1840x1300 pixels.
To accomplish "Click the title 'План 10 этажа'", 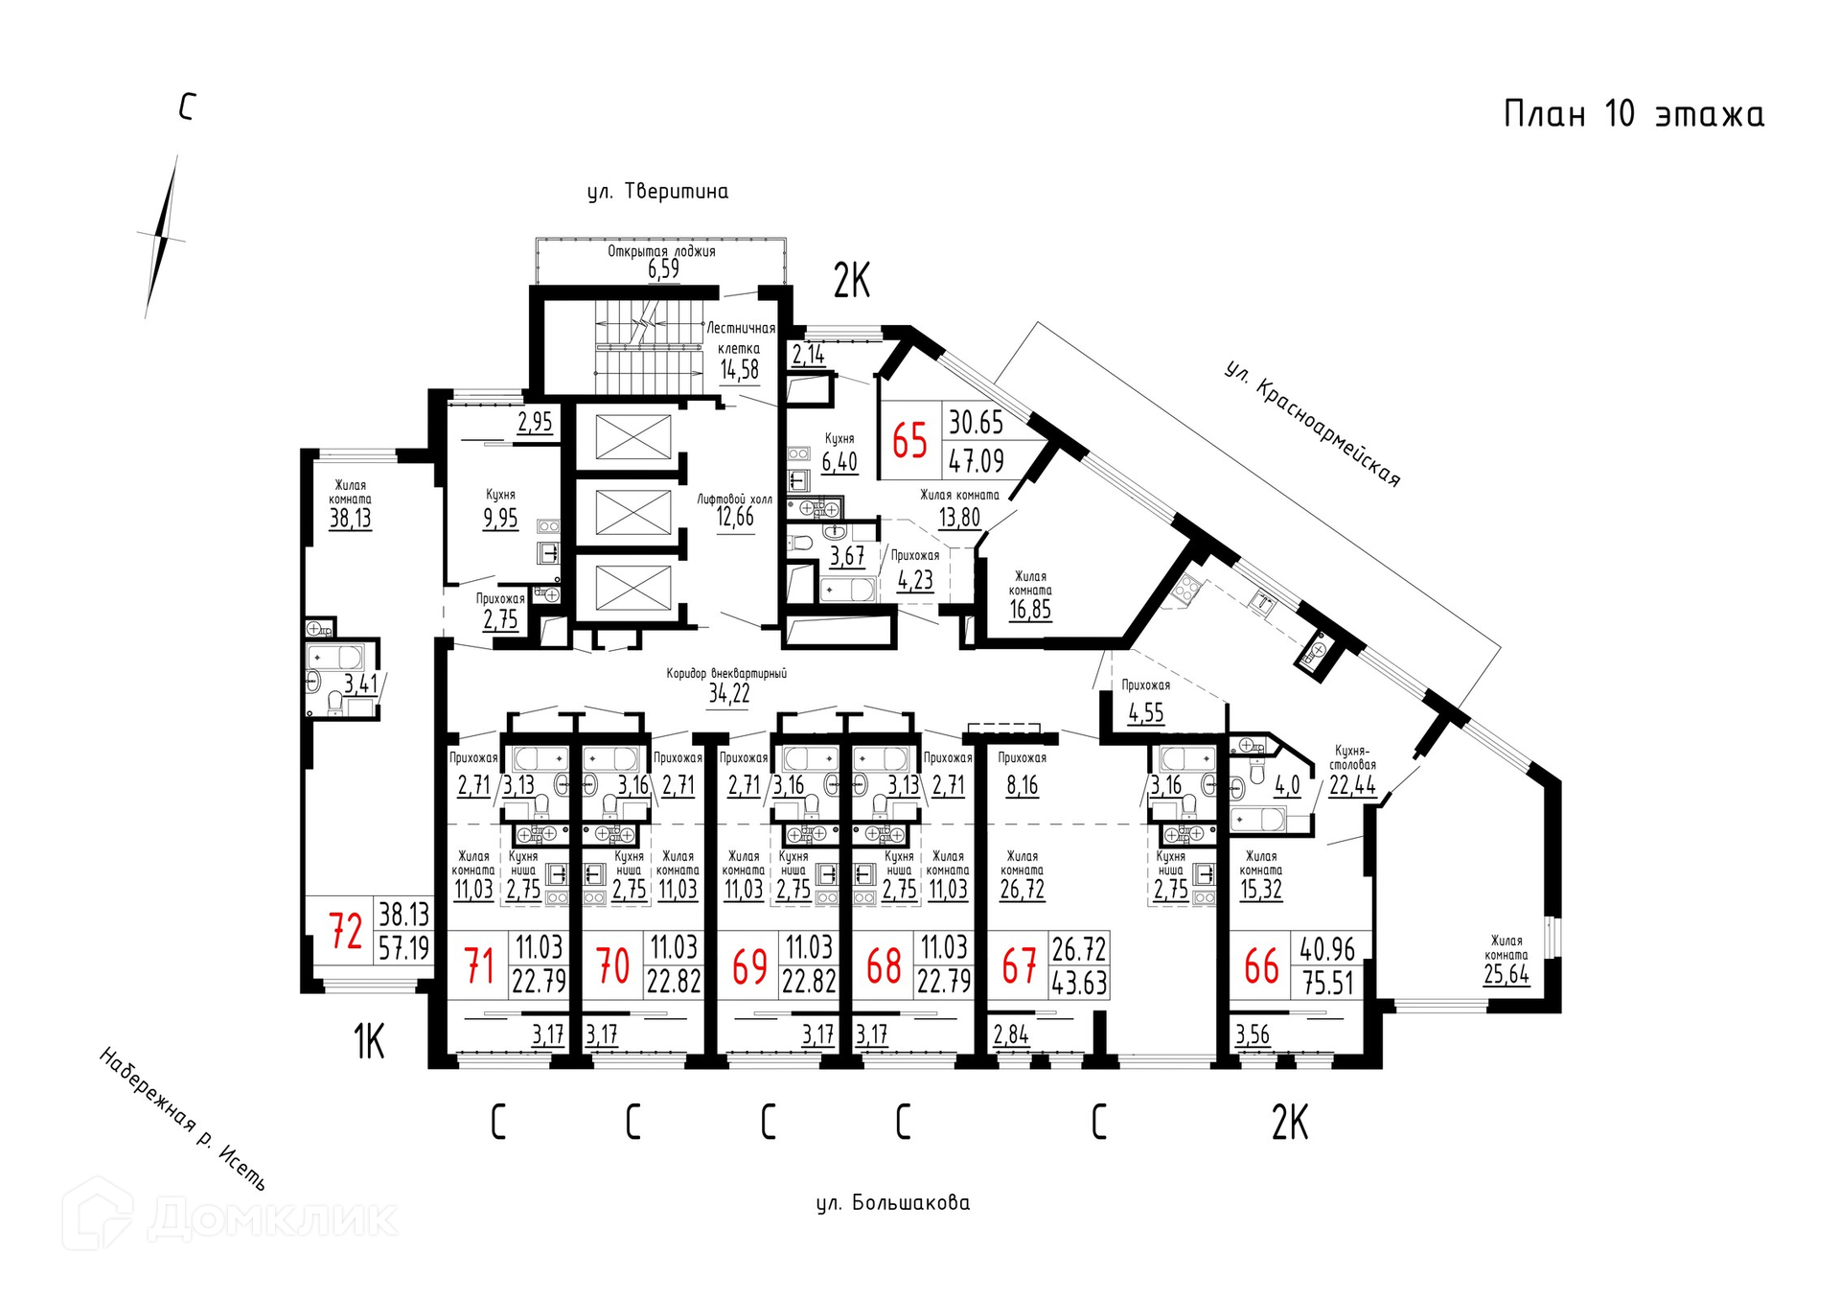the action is click(x=1633, y=114).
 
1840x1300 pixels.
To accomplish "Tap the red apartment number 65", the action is click(x=909, y=441).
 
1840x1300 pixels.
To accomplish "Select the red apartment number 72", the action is click(x=345, y=930).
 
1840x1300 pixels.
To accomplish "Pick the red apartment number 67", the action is click(x=1019, y=966).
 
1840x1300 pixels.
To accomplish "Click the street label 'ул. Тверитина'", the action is click(x=657, y=192).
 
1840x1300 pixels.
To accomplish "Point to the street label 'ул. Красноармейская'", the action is click(x=1312, y=424).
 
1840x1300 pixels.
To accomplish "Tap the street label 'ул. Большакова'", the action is click(x=893, y=1202).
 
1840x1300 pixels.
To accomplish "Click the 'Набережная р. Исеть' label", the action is click(x=182, y=1118).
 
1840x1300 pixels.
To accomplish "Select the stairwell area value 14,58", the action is click(x=740, y=370).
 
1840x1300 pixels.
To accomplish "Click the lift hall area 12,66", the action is click(x=735, y=517).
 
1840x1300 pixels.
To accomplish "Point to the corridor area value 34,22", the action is click(x=729, y=693).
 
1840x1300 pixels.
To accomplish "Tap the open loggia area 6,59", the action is click(x=663, y=268).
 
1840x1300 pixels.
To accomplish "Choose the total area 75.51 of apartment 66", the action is click(x=1327, y=983).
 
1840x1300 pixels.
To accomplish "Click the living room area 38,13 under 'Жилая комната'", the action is click(x=350, y=519).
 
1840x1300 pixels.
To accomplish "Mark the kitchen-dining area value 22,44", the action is click(x=1352, y=785).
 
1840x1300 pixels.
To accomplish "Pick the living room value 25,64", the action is click(x=1506, y=975).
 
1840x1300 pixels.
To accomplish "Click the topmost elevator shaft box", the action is click(x=633, y=437).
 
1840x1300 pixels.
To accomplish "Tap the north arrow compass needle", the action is click(x=162, y=237).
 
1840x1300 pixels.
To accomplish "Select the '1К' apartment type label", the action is click(x=369, y=1041).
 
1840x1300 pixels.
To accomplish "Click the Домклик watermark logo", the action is click(x=230, y=1215).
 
